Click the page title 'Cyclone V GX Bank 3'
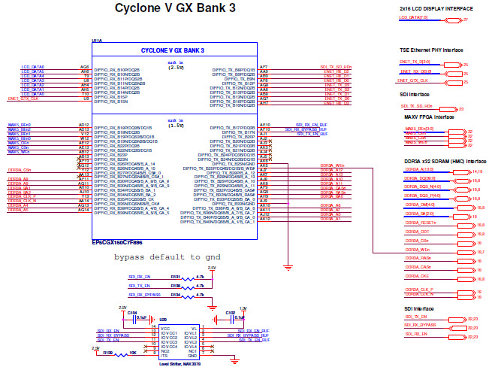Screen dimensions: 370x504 [174, 8]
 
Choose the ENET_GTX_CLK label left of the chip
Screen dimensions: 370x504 [23, 99]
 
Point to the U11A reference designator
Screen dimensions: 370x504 [98, 41]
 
